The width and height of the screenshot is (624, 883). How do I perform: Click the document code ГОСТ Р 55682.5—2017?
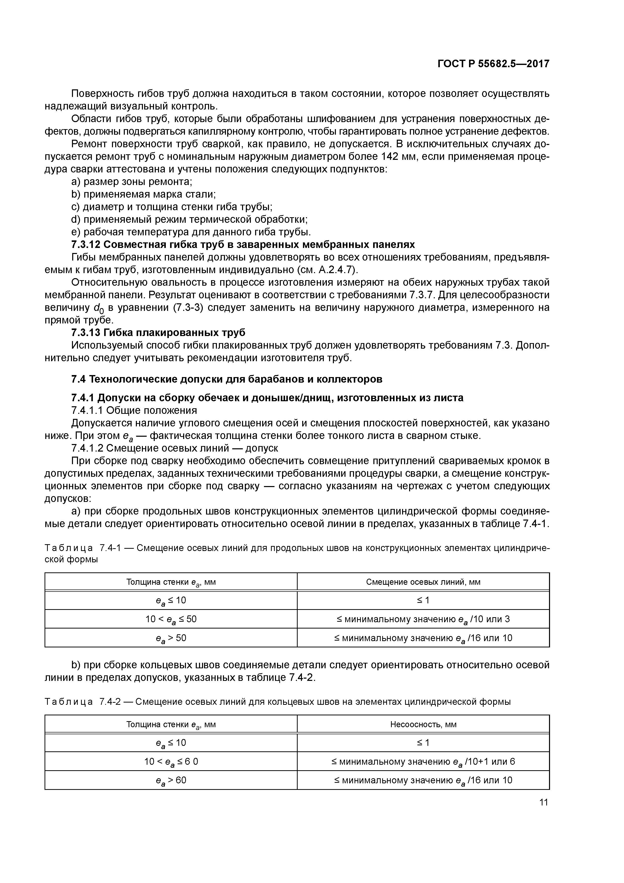(493, 64)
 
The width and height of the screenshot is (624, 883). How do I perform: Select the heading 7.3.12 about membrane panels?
(243, 245)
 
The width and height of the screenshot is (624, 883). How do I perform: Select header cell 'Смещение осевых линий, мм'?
(423, 582)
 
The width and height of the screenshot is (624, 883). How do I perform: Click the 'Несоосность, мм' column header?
(423, 725)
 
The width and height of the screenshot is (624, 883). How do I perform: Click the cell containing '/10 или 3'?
(423, 619)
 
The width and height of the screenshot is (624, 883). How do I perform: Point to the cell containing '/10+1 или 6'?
(423, 762)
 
